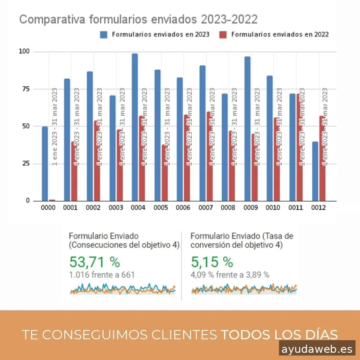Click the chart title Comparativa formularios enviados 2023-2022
138,20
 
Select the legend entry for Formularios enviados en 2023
155,34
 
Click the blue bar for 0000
45,164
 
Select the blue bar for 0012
315,171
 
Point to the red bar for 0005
164,173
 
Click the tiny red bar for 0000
52,200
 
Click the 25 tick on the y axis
26,164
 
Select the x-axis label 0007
206,208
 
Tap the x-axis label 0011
296,208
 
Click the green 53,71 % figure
94,262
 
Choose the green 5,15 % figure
211,262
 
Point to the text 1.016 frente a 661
102,274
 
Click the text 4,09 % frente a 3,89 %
229,274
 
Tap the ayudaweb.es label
317,349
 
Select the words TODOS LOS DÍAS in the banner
279,335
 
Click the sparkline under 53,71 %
122,289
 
